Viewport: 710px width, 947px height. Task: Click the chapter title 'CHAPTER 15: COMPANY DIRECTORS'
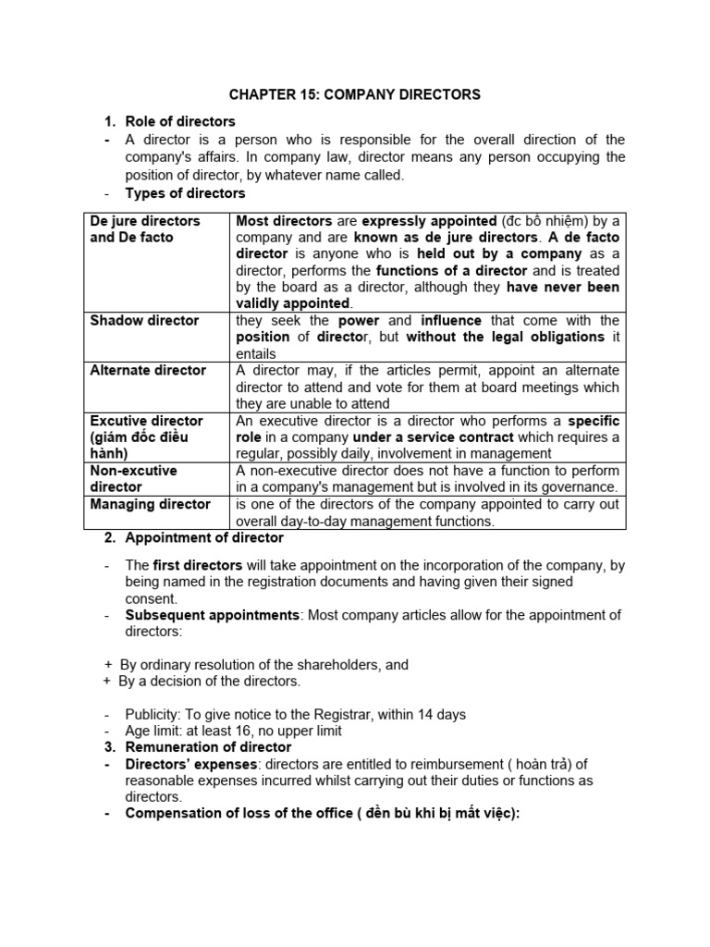pyautogui.click(x=355, y=94)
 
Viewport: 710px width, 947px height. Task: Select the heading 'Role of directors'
pyautogui.click(x=180, y=121)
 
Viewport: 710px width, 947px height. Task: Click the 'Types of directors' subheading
pyautogui.click(x=185, y=193)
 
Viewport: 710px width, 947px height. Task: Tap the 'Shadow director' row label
pyautogui.click(x=144, y=321)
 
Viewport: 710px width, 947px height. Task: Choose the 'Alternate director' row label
pyautogui.click(x=148, y=371)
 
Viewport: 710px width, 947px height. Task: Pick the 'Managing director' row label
pyautogui.click(x=150, y=504)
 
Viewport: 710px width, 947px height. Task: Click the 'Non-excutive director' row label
pyautogui.click(x=133, y=478)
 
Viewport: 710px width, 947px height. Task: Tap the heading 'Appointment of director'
pyautogui.click(x=204, y=537)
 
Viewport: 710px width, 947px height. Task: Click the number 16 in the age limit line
pyautogui.click(x=242, y=731)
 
